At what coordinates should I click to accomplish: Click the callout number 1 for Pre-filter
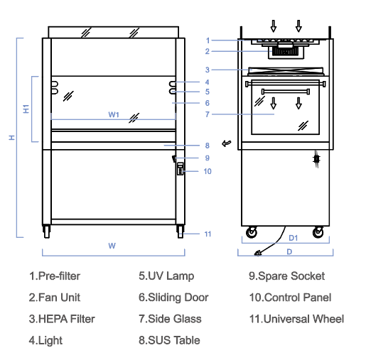(x=208, y=40)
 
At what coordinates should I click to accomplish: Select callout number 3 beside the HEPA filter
(x=208, y=70)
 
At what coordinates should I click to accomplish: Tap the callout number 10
(x=208, y=171)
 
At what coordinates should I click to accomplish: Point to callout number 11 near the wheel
(x=208, y=234)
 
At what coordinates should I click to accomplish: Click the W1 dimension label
(x=114, y=114)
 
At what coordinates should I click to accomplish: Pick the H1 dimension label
(x=26, y=109)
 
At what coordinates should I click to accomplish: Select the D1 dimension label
(x=294, y=238)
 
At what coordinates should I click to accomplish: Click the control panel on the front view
(x=181, y=169)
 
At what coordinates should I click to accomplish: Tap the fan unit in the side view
(x=286, y=51)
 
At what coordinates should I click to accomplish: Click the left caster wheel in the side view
(x=252, y=232)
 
